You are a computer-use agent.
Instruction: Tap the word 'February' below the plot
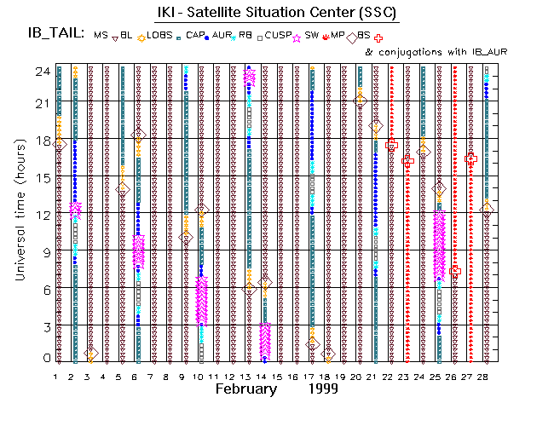[246, 389]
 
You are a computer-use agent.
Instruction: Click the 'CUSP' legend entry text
[278, 35]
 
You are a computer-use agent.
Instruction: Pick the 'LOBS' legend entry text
[161, 35]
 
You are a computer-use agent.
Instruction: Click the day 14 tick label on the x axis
[264, 376]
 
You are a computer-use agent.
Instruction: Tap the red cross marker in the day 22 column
[391, 146]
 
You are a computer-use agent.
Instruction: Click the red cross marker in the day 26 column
[455, 270]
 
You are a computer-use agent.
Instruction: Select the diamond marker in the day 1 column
[59, 145]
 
